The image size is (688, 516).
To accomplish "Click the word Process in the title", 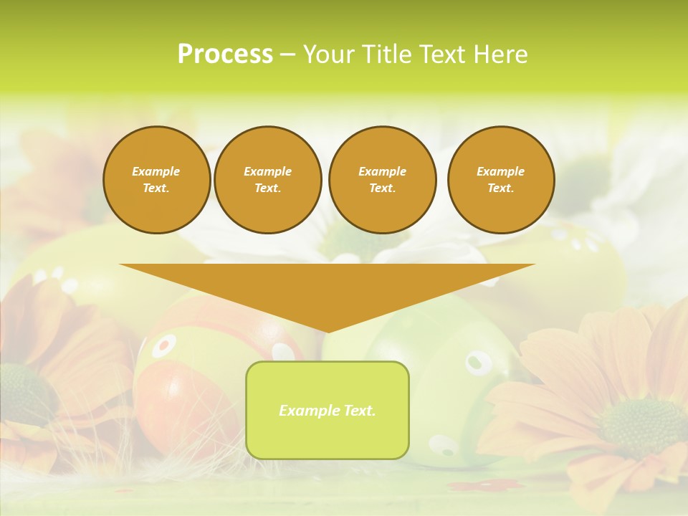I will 225,54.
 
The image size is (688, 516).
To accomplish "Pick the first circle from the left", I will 156,180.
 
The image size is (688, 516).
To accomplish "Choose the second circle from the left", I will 267,180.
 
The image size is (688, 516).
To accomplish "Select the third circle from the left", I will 382,180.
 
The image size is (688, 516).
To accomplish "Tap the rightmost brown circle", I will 501,180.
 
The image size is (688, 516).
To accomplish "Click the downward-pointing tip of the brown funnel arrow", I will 328,331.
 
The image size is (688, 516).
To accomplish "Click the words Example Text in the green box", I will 328,411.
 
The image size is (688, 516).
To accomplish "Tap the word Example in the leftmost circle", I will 156,171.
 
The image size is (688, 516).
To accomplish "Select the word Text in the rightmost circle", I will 501,188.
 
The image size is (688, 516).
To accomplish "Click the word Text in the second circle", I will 267,188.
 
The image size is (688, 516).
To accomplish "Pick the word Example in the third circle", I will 382,171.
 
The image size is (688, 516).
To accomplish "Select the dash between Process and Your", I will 287,55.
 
